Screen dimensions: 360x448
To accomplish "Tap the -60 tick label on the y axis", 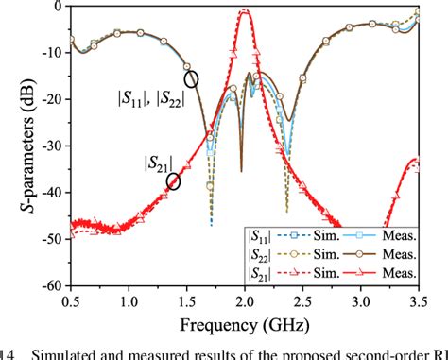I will click(53, 285).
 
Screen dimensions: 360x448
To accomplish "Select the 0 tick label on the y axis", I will click(60, 6).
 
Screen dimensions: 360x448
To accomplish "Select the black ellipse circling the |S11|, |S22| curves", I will click(192, 79).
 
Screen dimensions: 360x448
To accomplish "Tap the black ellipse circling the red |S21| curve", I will click(173, 181).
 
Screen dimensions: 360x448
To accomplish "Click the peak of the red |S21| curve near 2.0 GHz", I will click(245, 10).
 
